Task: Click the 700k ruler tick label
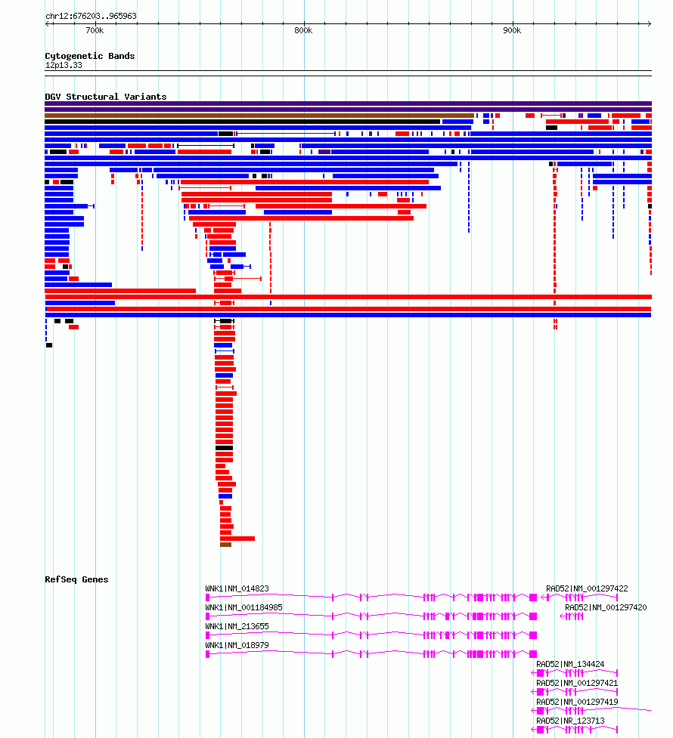coord(94,30)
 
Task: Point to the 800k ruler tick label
coord(302,30)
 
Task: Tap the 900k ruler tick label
coord(511,30)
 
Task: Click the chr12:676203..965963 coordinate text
coord(91,16)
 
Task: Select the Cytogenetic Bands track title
coord(90,56)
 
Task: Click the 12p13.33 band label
coord(64,65)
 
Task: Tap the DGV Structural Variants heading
coord(106,97)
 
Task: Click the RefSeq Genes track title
coord(76,579)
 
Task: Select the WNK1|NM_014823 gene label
coord(237,588)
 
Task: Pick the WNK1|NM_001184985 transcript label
coord(243,607)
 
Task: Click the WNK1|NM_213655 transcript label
coord(237,626)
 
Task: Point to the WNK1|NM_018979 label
coord(237,645)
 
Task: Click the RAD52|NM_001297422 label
coord(587,588)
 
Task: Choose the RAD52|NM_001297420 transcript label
coord(606,607)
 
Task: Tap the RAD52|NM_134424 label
coord(570,664)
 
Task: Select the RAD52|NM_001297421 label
coord(577,683)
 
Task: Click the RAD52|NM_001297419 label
coord(577,702)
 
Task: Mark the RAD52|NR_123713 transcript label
coord(570,721)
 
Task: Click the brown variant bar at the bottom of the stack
coord(225,545)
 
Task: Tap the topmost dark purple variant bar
coord(348,103)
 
